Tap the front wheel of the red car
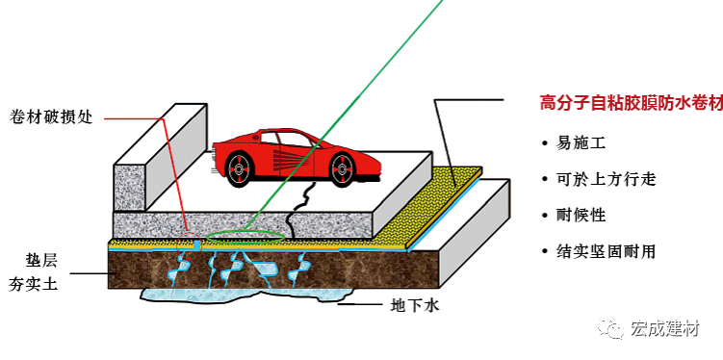(x=342, y=170)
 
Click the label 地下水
(x=413, y=307)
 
